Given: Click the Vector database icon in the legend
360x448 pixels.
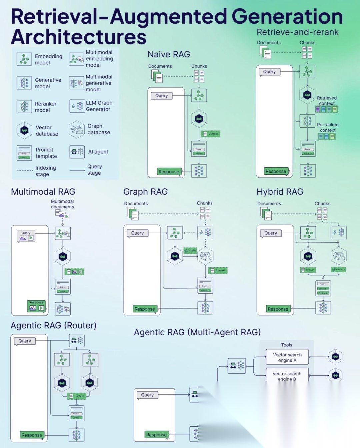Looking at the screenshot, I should coord(24,130).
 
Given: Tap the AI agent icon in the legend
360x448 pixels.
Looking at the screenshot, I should coord(77,152).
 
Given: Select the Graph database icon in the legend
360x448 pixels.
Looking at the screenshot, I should coord(77,129).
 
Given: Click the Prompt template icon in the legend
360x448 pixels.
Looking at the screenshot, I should coord(24,153).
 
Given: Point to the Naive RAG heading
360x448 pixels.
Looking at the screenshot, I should coord(169,54).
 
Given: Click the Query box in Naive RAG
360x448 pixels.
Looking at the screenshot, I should coord(162,96).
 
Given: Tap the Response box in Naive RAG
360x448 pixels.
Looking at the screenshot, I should coord(169,172).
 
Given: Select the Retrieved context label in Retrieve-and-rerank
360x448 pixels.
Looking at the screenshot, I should coord(327,100).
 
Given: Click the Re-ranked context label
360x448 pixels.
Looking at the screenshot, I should coord(328,127).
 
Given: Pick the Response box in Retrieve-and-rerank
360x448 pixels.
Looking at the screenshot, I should coord(276,171).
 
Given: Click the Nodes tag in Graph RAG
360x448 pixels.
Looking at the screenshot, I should coord(191,250).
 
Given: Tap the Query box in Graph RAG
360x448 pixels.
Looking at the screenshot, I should coord(137,233).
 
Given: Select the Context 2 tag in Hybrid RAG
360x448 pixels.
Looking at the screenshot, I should coord(339,269).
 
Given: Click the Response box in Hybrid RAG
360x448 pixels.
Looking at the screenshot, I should coord(278,309).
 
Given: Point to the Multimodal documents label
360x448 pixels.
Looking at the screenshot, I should coord(62,204).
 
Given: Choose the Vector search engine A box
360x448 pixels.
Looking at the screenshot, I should coord(287,357).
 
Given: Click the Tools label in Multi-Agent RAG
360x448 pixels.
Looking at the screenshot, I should coord(287,345).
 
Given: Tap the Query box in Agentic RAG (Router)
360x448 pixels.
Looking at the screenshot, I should coord(25,341).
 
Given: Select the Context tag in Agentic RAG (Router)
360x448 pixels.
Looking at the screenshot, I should coord(77,396).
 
